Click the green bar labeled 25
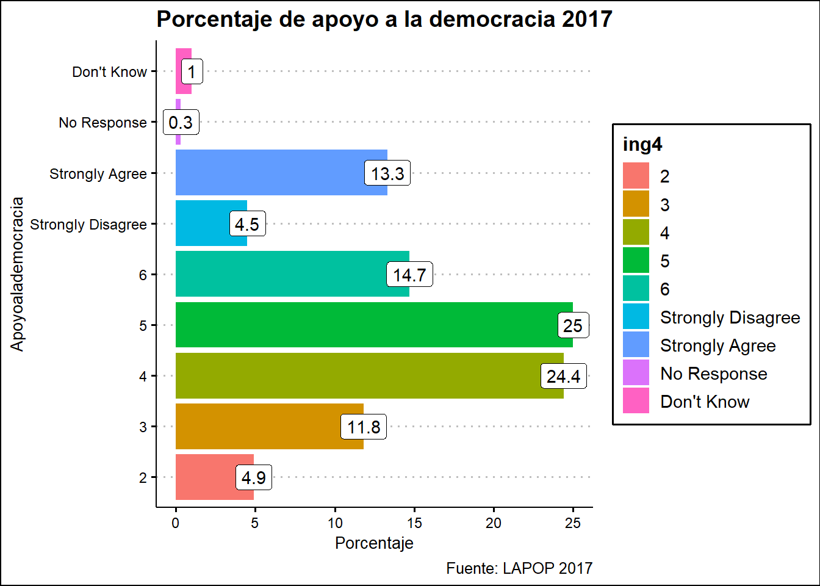pyautogui.click(x=366, y=325)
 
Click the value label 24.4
pyautogui.click(x=564, y=376)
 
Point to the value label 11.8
pyautogui.click(x=364, y=427)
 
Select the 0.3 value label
pyautogui.click(x=181, y=123)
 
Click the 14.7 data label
pyautogui.click(x=409, y=275)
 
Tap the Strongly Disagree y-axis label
pyautogui.click(x=88, y=225)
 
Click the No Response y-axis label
pyautogui.click(x=103, y=123)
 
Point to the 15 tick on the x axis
pyautogui.click(x=414, y=523)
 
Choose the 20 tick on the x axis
pyautogui.click(x=494, y=523)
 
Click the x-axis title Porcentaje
pyautogui.click(x=374, y=543)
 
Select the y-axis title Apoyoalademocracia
pyautogui.click(x=17, y=274)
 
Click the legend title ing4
pyautogui.click(x=642, y=145)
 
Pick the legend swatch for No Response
pyautogui.click(x=636, y=373)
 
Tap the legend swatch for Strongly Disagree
pyautogui.click(x=636, y=317)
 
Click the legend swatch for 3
pyautogui.click(x=636, y=204)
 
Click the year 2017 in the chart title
pyautogui.click(x=587, y=20)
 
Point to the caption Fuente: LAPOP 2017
pyautogui.click(x=519, y=568)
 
